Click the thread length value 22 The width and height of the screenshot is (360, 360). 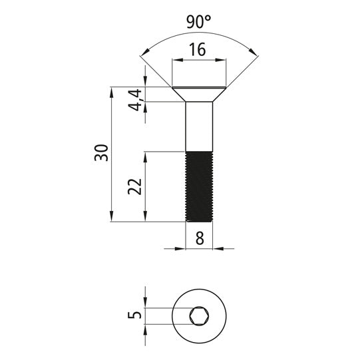136,186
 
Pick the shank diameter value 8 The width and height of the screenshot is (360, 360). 199,236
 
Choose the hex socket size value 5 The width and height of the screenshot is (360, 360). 136,315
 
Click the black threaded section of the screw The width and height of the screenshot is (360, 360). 199,186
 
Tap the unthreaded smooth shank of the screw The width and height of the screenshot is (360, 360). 199,126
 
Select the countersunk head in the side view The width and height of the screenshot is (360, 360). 199,94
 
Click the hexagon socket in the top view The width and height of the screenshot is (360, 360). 199,316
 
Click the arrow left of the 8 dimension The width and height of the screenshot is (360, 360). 180,249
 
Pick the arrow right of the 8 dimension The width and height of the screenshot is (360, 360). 218,249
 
